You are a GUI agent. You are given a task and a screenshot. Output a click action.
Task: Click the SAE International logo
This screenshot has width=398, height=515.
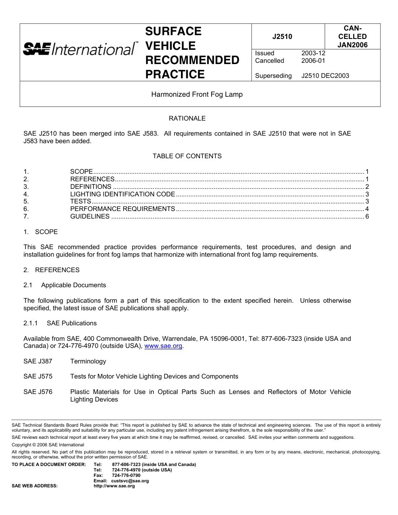80,49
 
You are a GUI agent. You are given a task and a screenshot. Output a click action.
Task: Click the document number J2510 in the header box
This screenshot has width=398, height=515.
282,36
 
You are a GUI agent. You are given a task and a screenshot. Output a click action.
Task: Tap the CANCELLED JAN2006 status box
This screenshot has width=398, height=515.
352,36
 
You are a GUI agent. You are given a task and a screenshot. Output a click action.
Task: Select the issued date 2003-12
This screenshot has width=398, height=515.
313,53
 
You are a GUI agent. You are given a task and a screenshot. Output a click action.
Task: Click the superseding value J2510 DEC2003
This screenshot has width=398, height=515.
325,76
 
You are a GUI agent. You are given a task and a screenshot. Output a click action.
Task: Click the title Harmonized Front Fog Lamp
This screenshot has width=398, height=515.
197,94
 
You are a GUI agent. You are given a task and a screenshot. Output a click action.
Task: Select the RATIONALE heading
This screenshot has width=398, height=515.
187,118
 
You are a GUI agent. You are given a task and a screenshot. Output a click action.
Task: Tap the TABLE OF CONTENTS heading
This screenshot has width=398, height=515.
187,156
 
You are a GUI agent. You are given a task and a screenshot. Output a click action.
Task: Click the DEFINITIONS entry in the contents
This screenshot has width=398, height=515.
90,187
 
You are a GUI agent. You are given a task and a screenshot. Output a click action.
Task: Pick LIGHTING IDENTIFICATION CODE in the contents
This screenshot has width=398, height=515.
122,194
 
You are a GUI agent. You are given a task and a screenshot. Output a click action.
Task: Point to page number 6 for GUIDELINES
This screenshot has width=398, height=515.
367,216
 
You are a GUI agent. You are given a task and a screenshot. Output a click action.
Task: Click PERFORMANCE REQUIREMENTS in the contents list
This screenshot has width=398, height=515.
122,209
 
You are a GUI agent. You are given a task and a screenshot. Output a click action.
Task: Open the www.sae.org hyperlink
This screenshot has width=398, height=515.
163,346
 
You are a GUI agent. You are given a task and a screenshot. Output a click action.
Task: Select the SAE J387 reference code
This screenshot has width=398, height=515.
38,361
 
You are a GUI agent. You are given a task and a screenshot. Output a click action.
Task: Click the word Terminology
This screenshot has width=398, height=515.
88,361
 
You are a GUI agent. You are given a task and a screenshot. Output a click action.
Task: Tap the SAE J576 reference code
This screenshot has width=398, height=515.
38,392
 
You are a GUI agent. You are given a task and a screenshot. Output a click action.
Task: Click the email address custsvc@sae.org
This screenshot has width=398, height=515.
130,481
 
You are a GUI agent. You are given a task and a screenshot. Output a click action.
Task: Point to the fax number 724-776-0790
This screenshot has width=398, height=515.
126,475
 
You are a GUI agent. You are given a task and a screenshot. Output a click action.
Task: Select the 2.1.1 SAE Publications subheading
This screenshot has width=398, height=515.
60,323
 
